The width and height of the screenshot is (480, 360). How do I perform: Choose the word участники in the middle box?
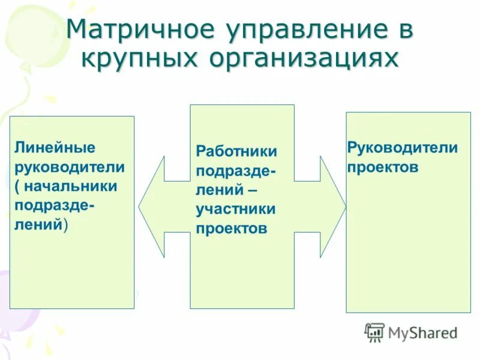pos(235,209)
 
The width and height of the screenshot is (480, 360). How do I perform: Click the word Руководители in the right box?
pos(402,148)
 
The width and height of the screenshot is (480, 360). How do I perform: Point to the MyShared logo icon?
pos(374,332)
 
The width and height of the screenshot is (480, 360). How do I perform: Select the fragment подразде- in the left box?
pos(55,205)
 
